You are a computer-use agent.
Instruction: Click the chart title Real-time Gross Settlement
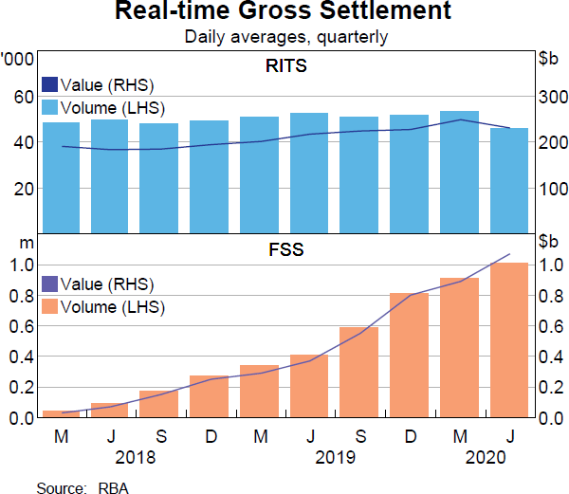[284, 13]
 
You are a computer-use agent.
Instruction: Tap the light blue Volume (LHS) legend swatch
[50, 106]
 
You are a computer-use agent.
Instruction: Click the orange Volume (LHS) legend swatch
[50, 307]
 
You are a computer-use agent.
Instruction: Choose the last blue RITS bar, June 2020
[509, 180]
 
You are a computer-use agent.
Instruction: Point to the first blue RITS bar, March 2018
[62, 177]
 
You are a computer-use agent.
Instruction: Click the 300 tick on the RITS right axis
[552, 97]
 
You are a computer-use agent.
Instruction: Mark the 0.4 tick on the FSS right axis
[551, 357]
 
